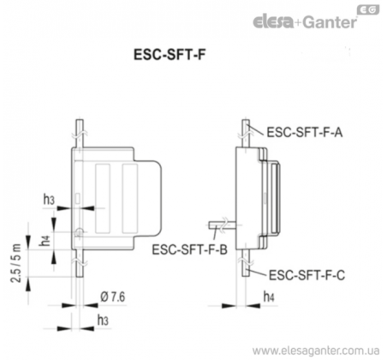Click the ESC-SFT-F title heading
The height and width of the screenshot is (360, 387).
point(170,55)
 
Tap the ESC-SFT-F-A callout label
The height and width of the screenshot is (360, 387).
point(305,132)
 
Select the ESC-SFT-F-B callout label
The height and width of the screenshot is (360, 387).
point(189,249)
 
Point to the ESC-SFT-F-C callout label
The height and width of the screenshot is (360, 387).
point(307,275)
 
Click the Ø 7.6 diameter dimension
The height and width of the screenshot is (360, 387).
point(113,297)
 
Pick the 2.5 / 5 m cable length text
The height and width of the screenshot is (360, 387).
point(16,263)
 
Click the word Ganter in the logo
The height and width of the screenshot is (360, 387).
point(330,22)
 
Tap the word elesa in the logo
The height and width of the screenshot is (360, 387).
point(273,22)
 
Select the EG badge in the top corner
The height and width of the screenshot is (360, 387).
point(368,10)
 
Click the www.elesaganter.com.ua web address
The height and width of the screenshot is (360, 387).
point(316,351)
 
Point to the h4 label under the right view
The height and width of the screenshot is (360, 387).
point(269,297)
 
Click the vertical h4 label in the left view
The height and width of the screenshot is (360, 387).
point(45,240)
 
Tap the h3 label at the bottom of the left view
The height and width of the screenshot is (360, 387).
point(103,321)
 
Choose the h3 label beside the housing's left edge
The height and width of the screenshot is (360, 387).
point(49,199)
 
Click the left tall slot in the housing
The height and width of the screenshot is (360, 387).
point(103,198)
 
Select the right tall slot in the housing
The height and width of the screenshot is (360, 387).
point(130,198)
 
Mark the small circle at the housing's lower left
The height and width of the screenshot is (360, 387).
point(79,232)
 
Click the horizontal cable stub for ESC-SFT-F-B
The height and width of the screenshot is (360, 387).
point(222,225)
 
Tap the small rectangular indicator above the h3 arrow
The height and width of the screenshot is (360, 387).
point(78,199)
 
